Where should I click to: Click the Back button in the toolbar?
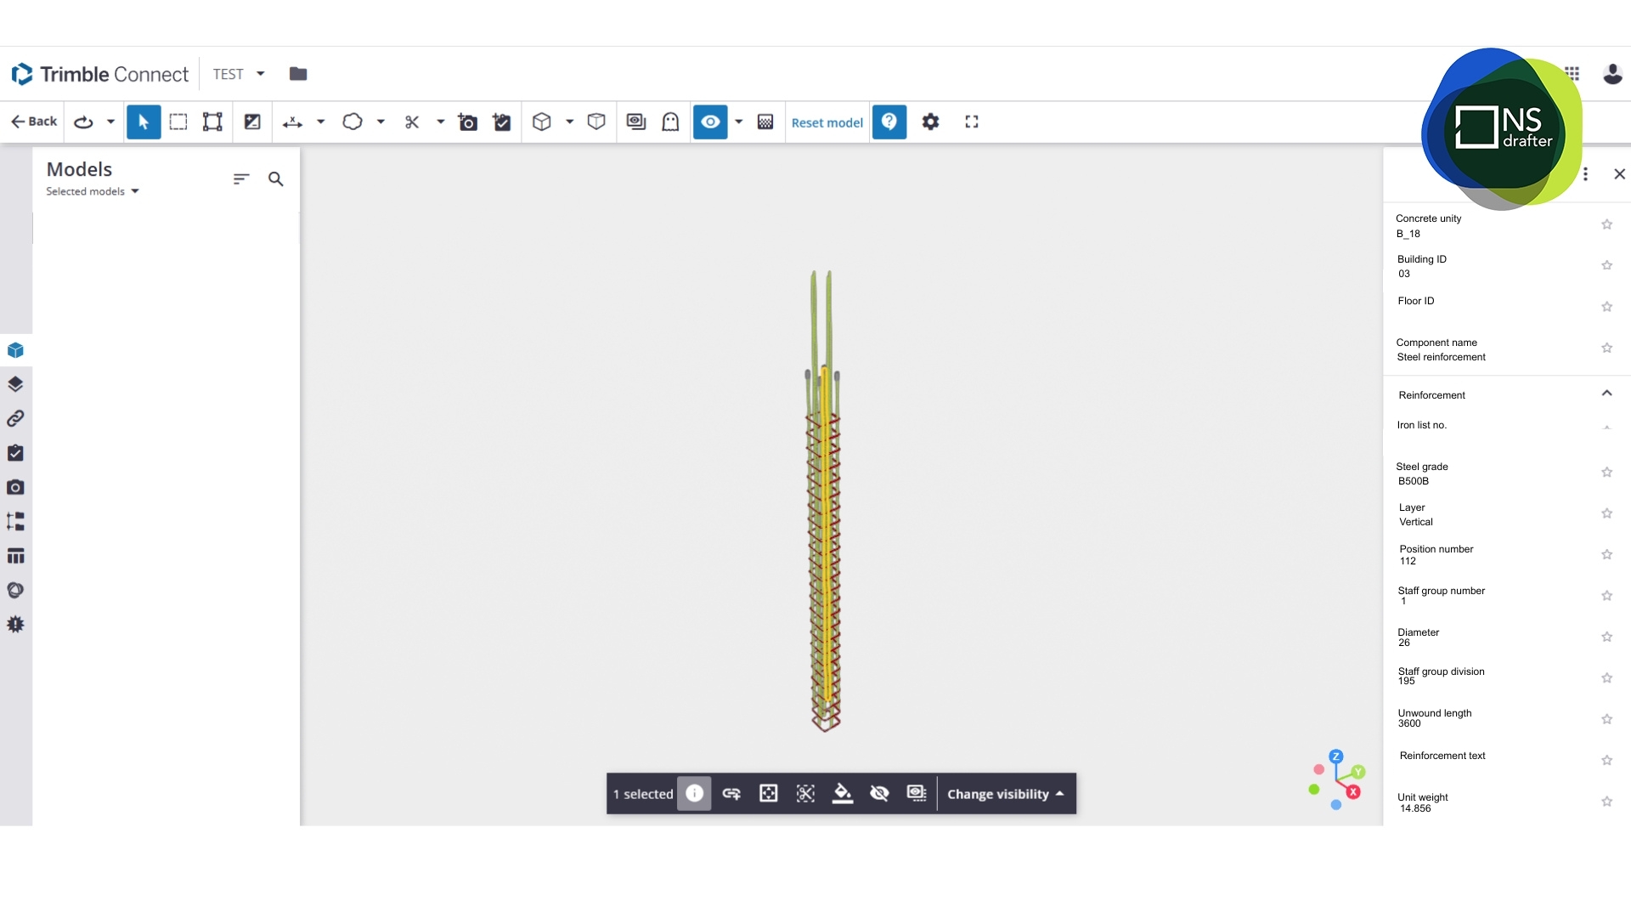click(34, 122)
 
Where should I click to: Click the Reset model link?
click(827, 122)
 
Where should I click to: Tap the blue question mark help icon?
click(889, 122)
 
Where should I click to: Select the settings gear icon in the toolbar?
click(931, 122)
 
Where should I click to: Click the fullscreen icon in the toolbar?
click(972, 122)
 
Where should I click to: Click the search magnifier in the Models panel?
click(276, 178)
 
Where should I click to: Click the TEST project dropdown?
click(239, 74)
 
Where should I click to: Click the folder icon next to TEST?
click(298, 74)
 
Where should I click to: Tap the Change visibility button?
click(1005, 794)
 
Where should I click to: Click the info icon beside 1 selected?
click(694, 793)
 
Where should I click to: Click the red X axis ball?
click(1353, 791)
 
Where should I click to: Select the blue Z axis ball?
click(1336, 756)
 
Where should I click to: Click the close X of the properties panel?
click(1619, 174)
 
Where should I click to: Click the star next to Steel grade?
click(1606, 472)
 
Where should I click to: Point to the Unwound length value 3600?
click(1409, 723)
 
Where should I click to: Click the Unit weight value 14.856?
click(1415, 808)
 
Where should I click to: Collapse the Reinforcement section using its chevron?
click(1606, 393)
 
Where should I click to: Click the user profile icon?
click(1612, 74)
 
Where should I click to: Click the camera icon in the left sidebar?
click(15, 487)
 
